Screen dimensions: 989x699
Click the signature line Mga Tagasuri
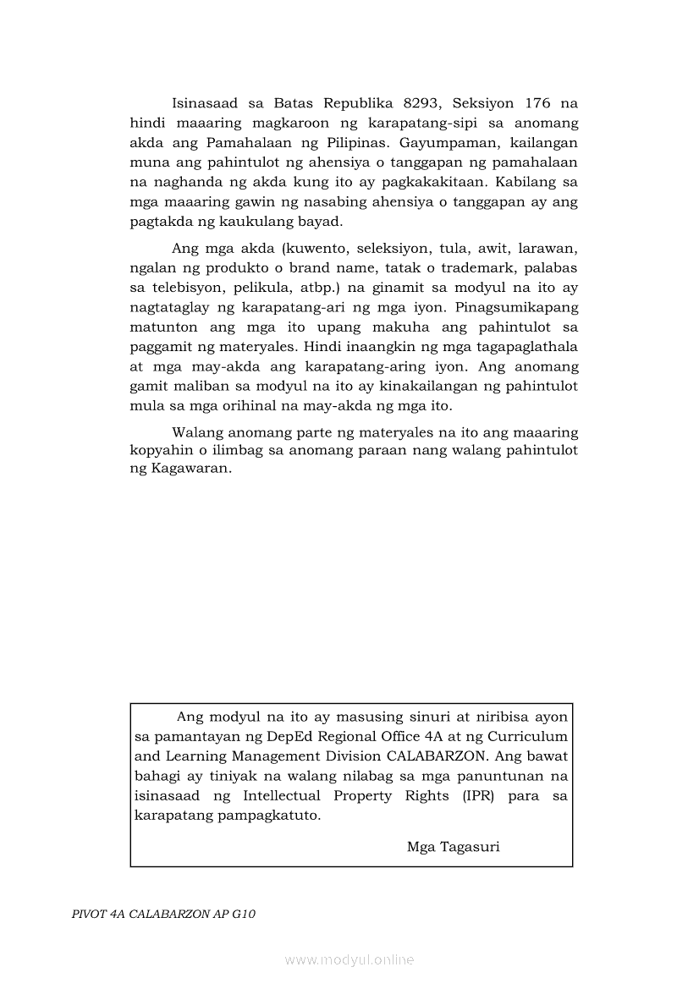tap(453, 846)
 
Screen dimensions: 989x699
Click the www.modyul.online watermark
tap(349, 959)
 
